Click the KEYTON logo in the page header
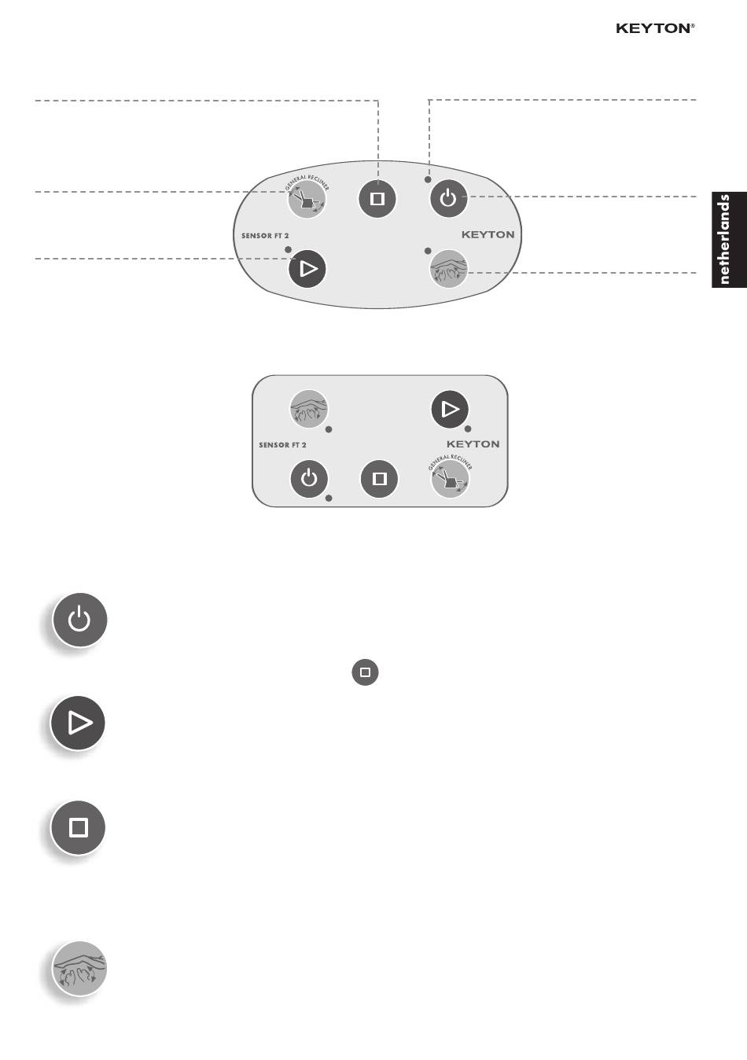pyautogui.click(x=655, y=28)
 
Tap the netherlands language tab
pyautogui.click(x=729, y=240)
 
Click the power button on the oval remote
pyautogui.click(x=448, y=198)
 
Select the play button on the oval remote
pyautogui.click(x=307, y=269)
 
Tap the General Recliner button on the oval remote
pyautogui.click(x=307, y=198)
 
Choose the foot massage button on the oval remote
pyautogui.click(x=448, y=269)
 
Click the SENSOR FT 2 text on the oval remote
pyautogui.click(x=265, y=236)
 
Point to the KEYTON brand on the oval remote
pyautogui.click(x=488, y=234)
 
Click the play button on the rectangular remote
pyautogui.click(x=450, y=410)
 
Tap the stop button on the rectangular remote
pyautogui.click(x=379, y=479)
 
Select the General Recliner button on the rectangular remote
pyautogui.click(x=450, y=478)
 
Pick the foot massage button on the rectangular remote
pyautogui.click(x=309, y=409)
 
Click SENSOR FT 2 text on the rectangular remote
pyautogui.click(x=282, y=445)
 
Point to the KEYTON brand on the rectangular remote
pyautogui.click(x=473, y=444)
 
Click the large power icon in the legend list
pyautogui.click(x=79, y=620)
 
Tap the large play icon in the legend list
pyautogui.click(x=78, y=723)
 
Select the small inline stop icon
pyautogui.click(x=365, y=672)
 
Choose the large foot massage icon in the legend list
pyautogui.click(x=79, y=969)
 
